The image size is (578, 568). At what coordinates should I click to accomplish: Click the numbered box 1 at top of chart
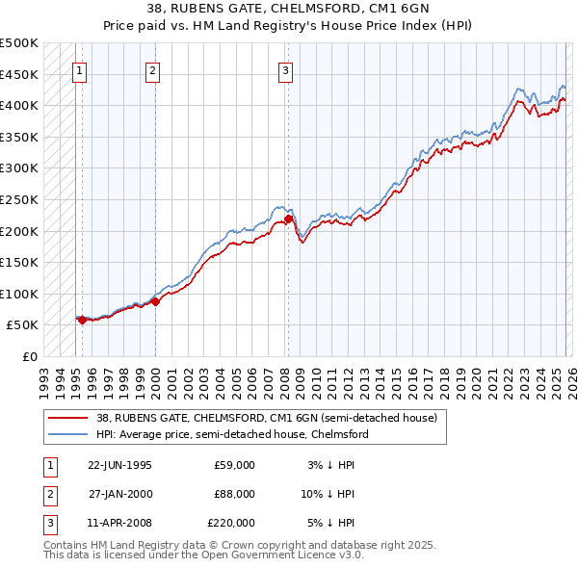[78, 68]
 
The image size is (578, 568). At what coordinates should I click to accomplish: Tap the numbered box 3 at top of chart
[286, 68]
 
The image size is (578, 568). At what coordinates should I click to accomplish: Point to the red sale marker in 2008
[288, 219]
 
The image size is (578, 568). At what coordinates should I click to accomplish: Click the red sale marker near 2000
[155, 301]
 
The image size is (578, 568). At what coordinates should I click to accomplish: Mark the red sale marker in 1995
[82, 320]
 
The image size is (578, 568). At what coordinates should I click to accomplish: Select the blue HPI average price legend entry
[232, 434]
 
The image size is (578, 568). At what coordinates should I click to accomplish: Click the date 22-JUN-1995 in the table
[119, 465]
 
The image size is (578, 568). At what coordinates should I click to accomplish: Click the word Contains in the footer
[66, 545]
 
